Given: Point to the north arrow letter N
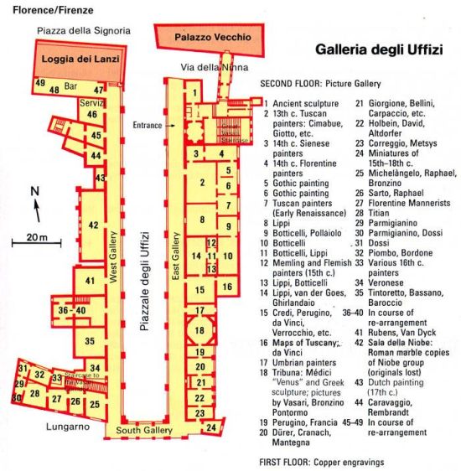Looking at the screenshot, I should coord(34,192).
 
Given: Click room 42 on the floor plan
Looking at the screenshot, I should coord(93,225).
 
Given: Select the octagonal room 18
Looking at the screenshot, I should coord(199,330).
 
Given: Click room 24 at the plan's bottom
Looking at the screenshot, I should coord(212,427).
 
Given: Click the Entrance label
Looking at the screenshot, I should coord(147,126).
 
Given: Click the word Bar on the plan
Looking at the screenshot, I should coord(70,86).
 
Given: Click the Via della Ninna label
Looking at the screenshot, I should coord(202,66).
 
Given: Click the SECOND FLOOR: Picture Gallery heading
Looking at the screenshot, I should coord(320,84).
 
